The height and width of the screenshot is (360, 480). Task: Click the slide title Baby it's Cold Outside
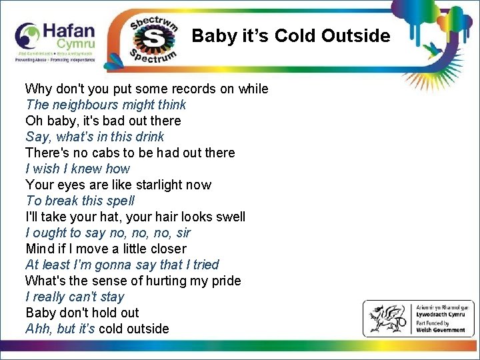(x=291, y=35)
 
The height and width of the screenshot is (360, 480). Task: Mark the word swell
(x=228, y=217)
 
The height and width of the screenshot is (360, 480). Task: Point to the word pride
(x=226, y=281)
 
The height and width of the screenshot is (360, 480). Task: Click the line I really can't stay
(x=75, y=297)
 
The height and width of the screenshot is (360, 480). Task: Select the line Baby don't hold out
(x=82, y=313)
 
